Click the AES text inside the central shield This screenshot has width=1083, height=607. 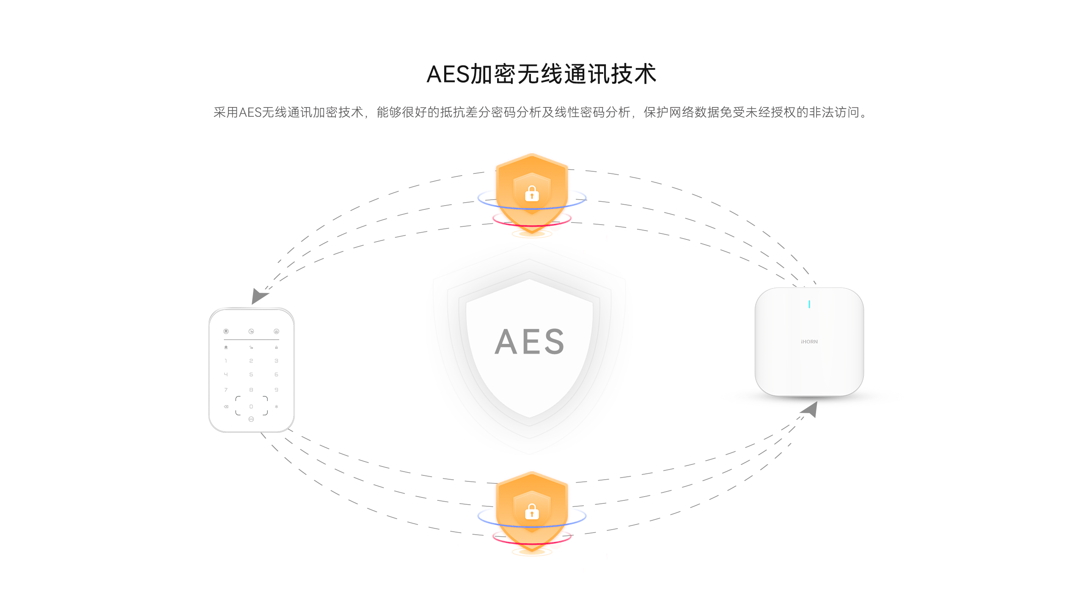(529, 341)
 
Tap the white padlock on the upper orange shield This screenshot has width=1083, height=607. (532, 193)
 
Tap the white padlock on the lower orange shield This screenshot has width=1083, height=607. (532, 511)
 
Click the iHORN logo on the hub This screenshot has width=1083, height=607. (809, 342)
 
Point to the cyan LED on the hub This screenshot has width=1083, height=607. (809, 304)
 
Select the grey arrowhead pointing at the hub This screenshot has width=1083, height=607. (810, 409)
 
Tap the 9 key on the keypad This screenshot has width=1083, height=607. (276, 390)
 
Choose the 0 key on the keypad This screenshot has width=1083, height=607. (251, 406)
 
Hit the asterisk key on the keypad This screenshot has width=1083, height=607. (276, 406)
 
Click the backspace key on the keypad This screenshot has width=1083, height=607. (226, 406)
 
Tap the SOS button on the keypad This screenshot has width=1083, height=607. (251, 419)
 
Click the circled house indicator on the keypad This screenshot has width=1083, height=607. (226, 331)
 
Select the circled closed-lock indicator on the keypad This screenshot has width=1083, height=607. (276, 331)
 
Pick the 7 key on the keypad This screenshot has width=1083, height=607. (226, 390)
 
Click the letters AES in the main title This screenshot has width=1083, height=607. (448, 74)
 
